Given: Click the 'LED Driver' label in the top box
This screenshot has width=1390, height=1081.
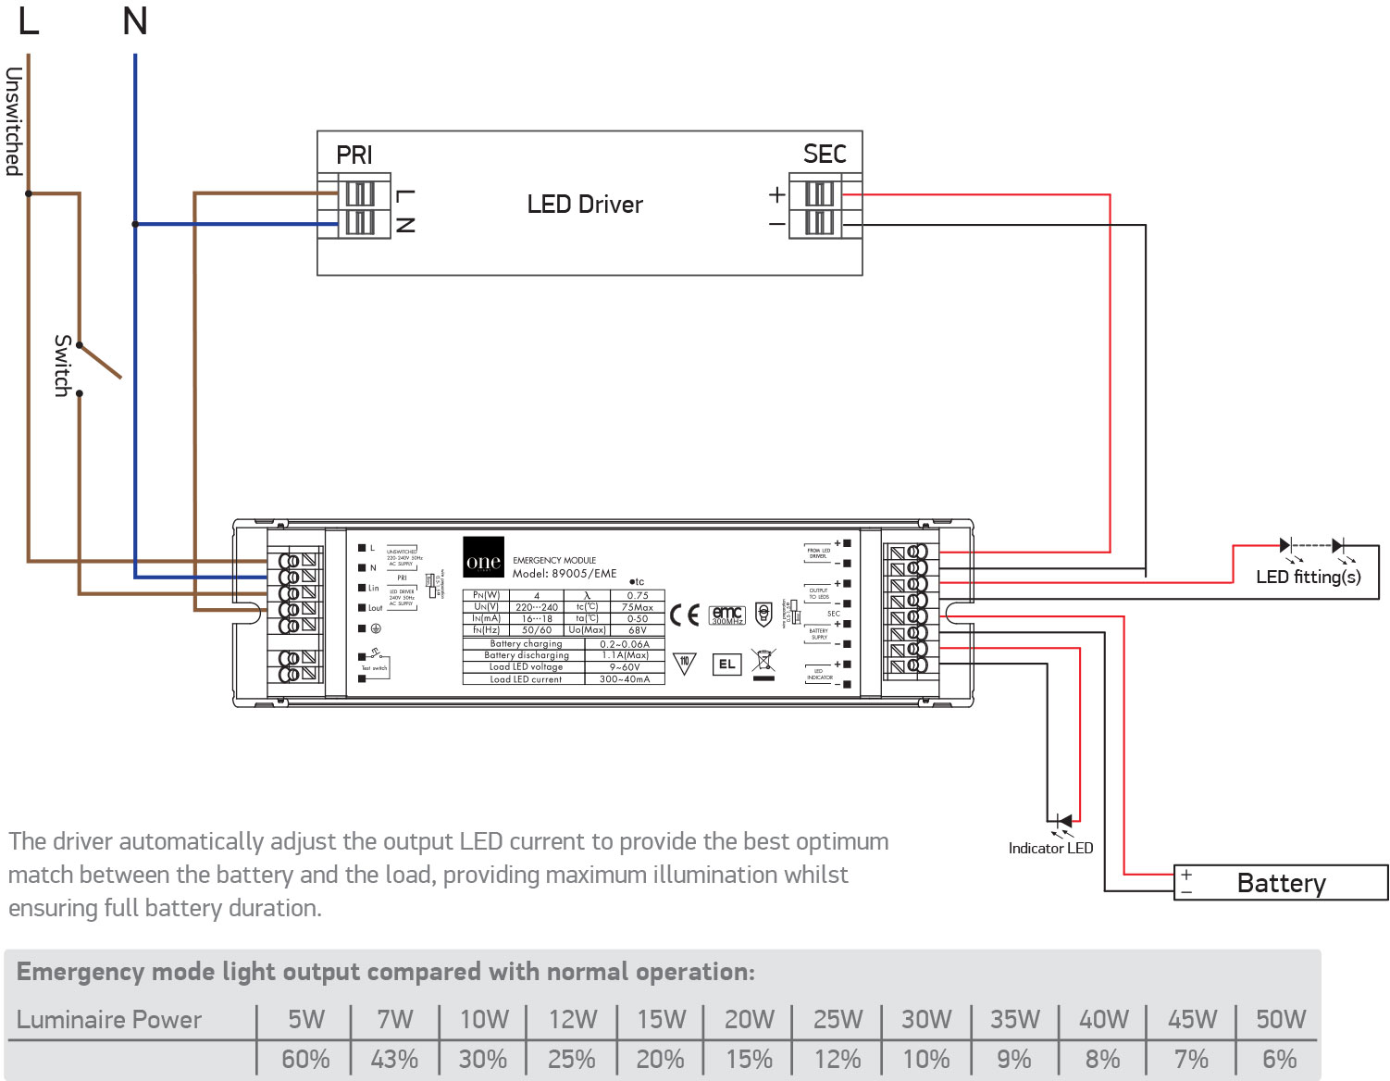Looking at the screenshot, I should point(585,205).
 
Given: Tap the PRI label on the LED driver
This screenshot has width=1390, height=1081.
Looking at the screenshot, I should point(354,155).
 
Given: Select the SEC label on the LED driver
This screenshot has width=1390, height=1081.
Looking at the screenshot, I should point(825,154).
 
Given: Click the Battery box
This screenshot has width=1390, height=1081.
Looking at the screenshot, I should point(1281,883).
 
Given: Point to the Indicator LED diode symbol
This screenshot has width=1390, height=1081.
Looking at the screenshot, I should point(1064,821).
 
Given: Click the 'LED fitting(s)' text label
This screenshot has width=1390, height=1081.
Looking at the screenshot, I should point(1308,578).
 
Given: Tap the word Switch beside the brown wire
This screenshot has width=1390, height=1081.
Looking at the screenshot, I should point(62,366).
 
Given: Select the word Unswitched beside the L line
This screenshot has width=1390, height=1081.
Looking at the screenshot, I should point(13,121).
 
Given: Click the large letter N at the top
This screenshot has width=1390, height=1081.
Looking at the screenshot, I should point(135,21).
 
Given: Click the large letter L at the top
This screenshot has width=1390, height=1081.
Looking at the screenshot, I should point(29,21).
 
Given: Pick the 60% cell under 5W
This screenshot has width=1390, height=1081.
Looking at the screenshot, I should point(305,1059).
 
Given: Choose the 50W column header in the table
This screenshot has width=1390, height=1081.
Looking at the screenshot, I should point(1280,1019).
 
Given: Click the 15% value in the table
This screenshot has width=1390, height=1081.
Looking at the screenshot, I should point(749,1059).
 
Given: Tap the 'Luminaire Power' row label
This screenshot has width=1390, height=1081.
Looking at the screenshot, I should point(109,1019).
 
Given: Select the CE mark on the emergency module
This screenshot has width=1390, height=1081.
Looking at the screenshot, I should point(685,615).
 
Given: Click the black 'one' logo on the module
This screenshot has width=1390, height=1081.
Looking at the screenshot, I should point(483,558).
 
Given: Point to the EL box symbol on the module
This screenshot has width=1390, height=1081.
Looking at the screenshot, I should point(727,664).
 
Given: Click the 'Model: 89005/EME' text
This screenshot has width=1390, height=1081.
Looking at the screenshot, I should point(565,574).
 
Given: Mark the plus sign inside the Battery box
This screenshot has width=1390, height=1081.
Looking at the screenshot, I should point(1186,874).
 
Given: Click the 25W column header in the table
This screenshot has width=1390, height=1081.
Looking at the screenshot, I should point(838,1019).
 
